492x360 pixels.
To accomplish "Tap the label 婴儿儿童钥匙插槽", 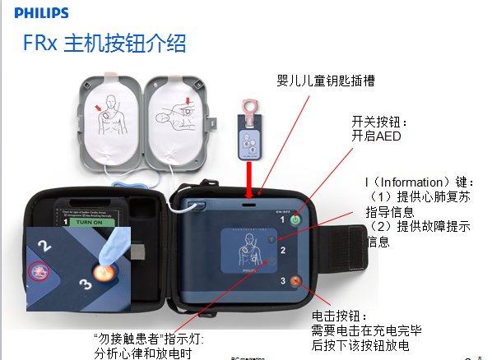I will [330, 81].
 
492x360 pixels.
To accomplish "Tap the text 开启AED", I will [376, 136].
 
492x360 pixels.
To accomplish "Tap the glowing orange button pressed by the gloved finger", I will [103, 274].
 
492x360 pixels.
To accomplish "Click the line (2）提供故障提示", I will [419, 226].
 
